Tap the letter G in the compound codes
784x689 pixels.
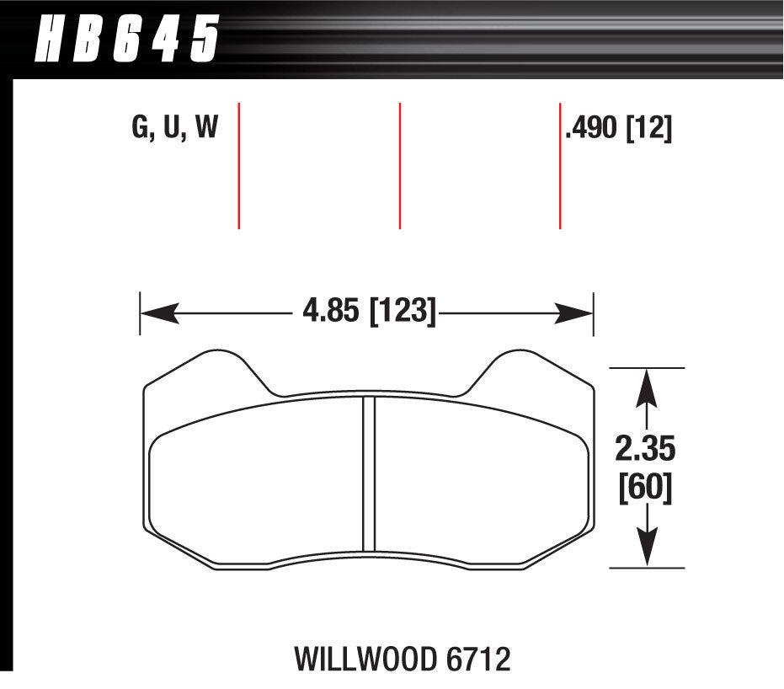point(140,129)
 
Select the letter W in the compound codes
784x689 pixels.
point(205,129)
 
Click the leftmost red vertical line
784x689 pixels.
point(240,165)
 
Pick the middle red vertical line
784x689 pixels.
point(399,165)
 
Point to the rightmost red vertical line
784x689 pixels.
point(560,165)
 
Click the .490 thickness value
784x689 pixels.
point(592,130)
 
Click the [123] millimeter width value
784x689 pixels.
point(402,313)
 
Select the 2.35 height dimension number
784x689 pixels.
point(645,450)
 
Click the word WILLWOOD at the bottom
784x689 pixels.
point(358,659)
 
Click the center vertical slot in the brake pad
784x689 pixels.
point(368,474)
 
